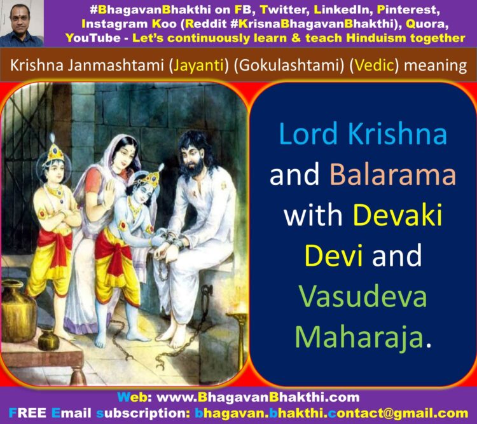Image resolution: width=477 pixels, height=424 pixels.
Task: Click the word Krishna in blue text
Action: tap(397, 134)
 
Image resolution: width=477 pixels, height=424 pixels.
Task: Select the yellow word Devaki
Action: tap(397, 215)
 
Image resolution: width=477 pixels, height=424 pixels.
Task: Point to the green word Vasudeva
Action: tap(363, 296)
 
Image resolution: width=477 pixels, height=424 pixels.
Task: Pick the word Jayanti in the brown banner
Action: tap(198, 65)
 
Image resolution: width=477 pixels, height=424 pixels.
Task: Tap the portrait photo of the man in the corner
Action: tap(22, 24)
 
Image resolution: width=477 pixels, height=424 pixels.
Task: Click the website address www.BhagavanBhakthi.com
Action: tap(258, 397)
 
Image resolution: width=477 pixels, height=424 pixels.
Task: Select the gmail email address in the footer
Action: tap(331, 413)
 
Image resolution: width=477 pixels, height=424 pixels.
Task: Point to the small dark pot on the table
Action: tap(48, 339)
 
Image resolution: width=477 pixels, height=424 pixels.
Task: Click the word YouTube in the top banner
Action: tap(93, 38)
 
